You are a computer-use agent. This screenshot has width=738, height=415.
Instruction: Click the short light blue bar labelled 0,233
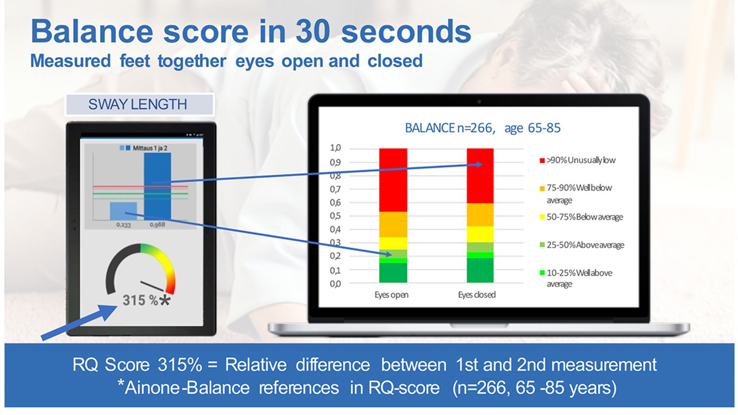pyautogui.click(x=123, y=211)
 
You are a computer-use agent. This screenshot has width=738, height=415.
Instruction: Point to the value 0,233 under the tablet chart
pyautogui.click(x=123, y=225)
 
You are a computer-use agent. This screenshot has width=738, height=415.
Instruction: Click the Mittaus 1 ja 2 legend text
pyautogui.click(x=150, y=148)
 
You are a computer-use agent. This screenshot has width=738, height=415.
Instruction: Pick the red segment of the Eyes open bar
pyautogui.click(x=393, y=180)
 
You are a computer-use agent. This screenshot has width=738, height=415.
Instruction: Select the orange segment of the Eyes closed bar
pyautogui.click(x=480, y=215)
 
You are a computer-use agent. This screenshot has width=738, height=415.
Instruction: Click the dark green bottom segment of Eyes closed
pyautogui.click(x=480, y=271)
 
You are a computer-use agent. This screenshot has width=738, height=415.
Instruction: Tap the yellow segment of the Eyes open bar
pyautogui.click(x=393, y=243)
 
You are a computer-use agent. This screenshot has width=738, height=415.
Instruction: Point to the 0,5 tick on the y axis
pyautogui.click(x=335, y=216)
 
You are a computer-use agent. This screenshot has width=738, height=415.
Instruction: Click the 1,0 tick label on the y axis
pyautogui.click(x=335, y=148)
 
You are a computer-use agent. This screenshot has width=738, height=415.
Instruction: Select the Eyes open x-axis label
pyautogui.click(x=391, y=295)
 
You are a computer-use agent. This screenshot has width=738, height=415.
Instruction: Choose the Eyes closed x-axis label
pyautogui.click(x=477, y=295)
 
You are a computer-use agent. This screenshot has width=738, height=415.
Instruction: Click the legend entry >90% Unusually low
pyautogui.click(x=580, y=160)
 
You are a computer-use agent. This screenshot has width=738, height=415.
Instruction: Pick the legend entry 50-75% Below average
pyautogui.click(x=584, y=217)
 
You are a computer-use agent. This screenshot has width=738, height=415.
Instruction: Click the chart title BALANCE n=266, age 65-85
pyautogui.click(x=483, y=128)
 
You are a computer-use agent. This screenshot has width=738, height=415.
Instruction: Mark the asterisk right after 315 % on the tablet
pyautogui.click(x=165, y=300)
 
